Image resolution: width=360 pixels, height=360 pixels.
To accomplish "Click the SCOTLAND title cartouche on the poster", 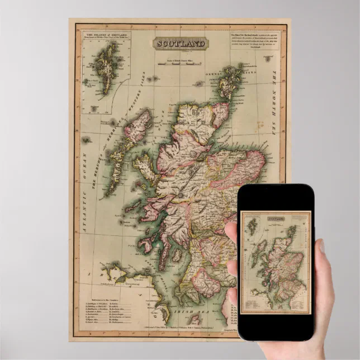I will click(181, 44).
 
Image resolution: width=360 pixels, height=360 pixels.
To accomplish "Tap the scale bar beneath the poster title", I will click(180, 63).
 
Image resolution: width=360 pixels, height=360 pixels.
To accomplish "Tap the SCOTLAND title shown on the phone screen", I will click(274, 219).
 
